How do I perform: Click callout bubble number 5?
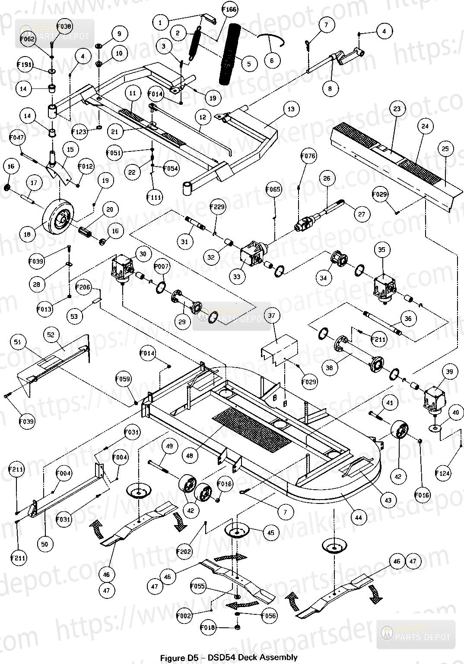249,64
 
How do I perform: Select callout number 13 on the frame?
291,109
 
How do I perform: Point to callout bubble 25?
445,149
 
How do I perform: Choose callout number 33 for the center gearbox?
237,277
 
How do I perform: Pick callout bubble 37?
271,316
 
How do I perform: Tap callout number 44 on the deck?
358,517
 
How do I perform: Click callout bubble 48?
190,455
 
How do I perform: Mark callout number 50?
45,544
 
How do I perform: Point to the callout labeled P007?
161,267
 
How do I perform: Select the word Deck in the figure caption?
257,658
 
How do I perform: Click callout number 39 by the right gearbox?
450,372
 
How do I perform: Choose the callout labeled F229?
218,207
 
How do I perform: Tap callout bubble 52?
51,334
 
